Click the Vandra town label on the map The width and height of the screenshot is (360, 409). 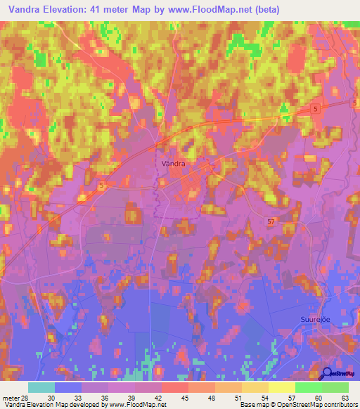coord(173,163)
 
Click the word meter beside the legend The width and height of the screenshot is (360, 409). coord(10,397)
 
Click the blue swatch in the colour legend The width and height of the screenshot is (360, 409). coord(68,387)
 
